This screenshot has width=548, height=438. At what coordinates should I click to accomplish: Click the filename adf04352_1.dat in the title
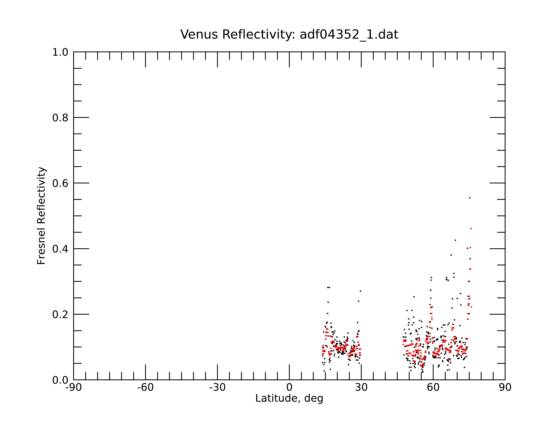coord(349,35)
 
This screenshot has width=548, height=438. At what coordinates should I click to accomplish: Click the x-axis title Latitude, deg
coord(289,398)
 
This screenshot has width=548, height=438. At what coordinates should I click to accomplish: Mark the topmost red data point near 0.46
coord(471,229)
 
